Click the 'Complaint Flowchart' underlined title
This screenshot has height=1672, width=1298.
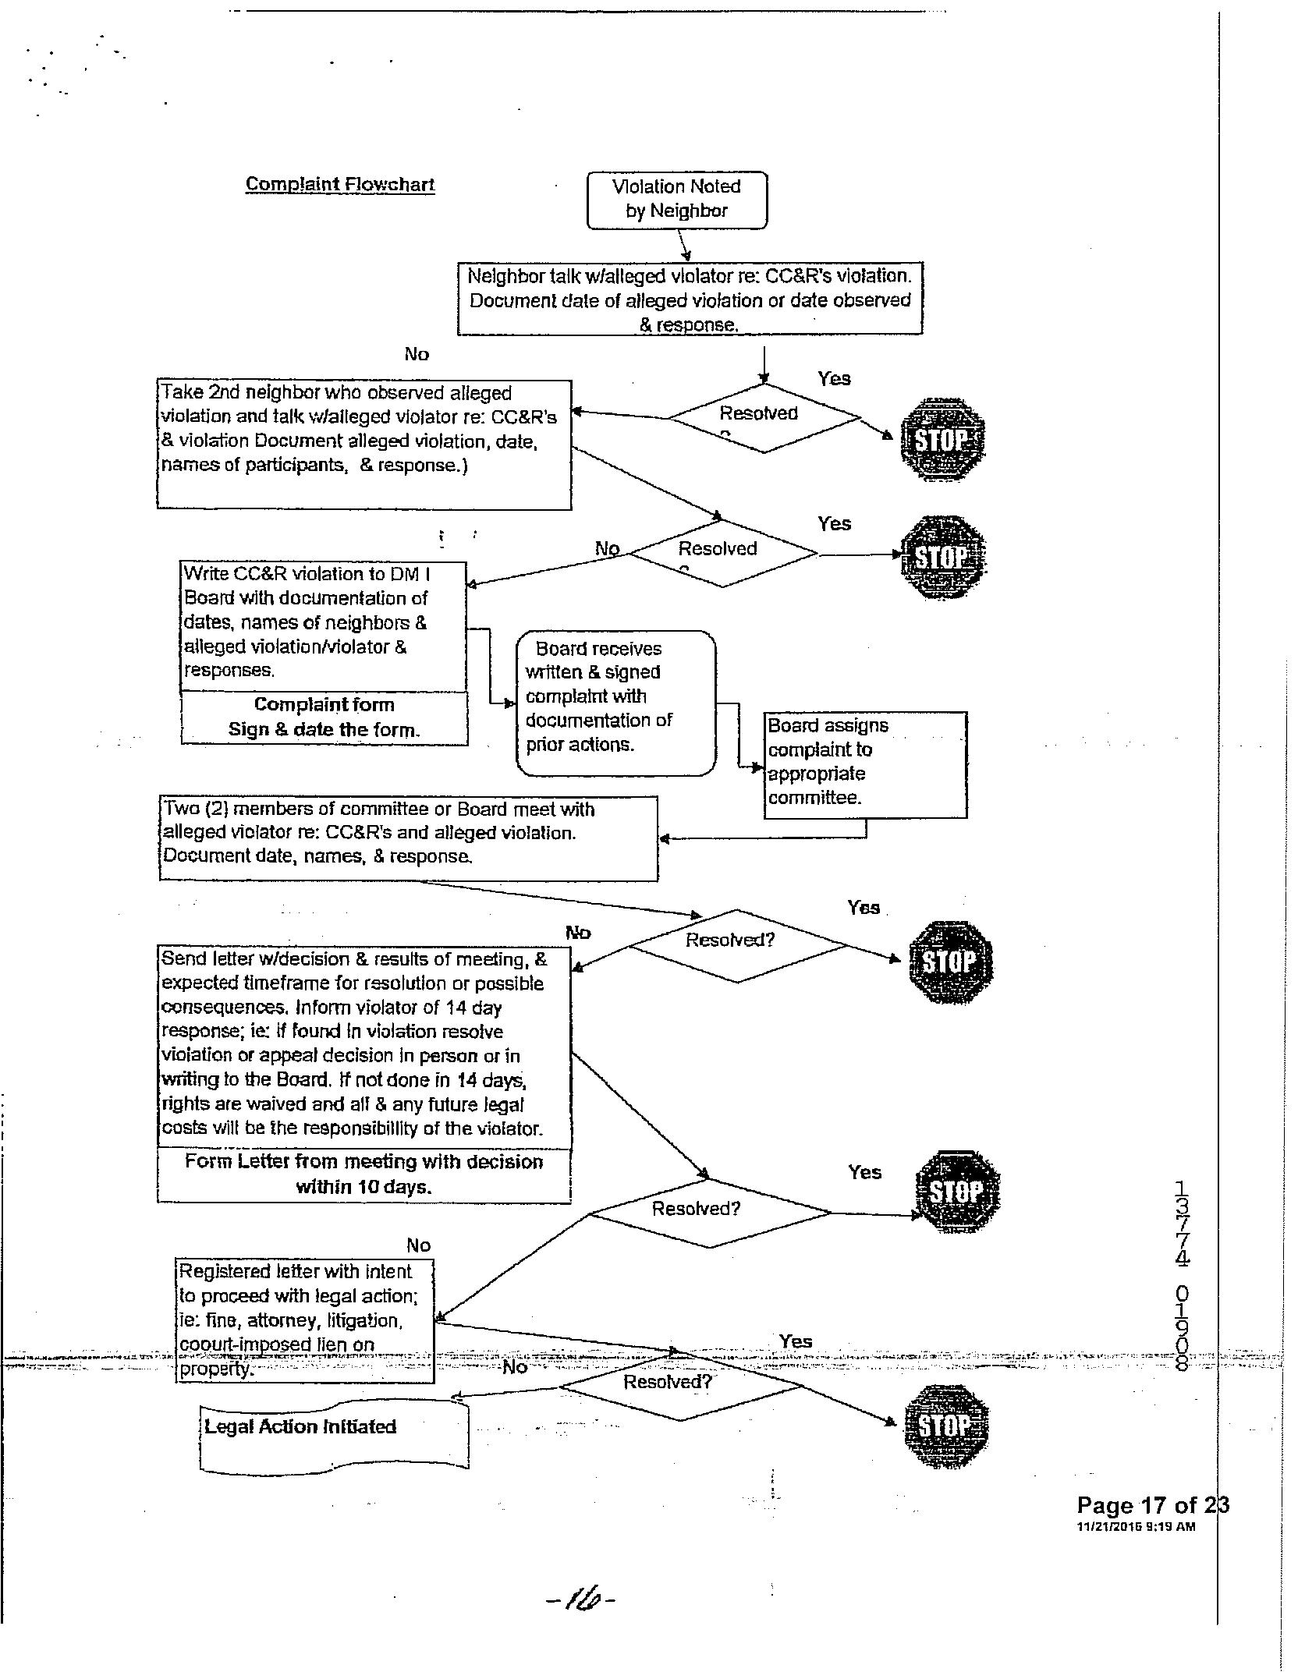(340, 185)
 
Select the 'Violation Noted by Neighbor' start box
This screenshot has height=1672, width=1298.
(676, 200)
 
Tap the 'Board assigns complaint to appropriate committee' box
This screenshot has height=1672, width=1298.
(864, 763)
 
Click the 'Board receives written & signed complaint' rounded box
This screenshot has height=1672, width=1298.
(615, 702)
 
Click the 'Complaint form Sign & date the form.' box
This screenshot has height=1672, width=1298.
(324, 717)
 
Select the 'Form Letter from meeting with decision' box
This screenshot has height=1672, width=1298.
(364, 1174)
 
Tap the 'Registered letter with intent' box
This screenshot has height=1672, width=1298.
(304, 1320)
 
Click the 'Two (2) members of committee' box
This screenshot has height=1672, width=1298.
(408, 837)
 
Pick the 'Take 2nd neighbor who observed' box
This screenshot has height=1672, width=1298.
(364, 444)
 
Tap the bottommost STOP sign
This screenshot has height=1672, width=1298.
(945, 1426)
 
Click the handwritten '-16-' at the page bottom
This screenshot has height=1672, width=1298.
(581, 1600)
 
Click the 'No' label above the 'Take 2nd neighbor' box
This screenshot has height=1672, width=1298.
(417, 354)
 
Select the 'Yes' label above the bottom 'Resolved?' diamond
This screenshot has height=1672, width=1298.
(795, 1341)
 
